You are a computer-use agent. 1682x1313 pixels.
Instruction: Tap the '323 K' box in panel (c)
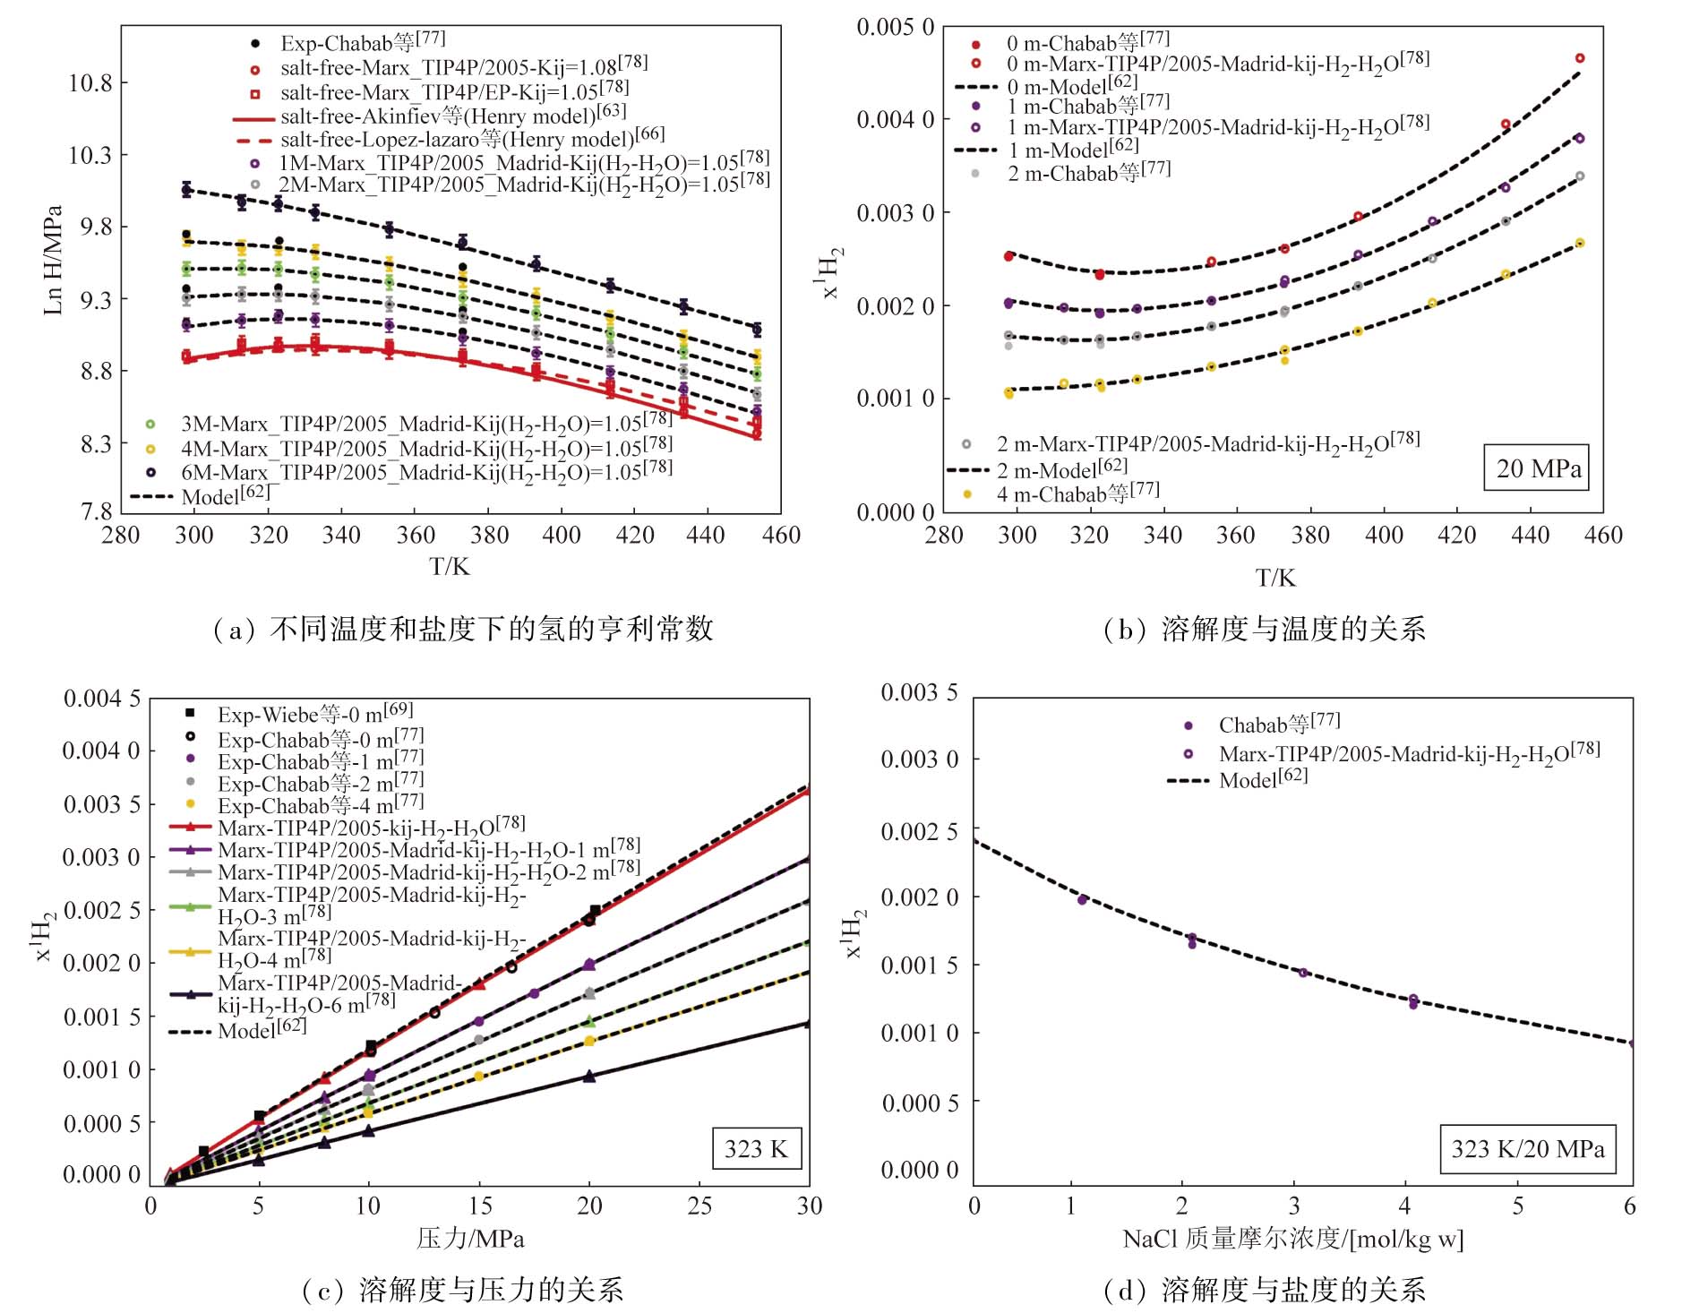coord(756,1149)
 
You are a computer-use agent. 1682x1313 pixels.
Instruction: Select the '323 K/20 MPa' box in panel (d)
coord(1528,1149)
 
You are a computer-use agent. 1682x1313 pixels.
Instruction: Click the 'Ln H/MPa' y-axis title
coord(53,261)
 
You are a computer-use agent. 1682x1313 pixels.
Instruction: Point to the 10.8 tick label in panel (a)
coord(90,83)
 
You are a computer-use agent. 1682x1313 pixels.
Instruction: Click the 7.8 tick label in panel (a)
coord(96,511)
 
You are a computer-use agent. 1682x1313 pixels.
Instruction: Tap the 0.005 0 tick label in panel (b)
coord(895,27)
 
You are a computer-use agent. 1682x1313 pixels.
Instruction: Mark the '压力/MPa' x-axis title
coord(470,1239)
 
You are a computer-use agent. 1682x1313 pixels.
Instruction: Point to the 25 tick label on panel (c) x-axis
coord(699,1206)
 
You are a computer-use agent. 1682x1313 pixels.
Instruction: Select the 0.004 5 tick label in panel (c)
coord(101,699)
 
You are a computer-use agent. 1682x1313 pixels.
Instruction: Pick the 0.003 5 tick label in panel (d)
coord(919,692)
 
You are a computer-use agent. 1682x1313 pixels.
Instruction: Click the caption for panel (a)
coord(462,630)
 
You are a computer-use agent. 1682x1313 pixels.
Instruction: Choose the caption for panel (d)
coord(1264,1290)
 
